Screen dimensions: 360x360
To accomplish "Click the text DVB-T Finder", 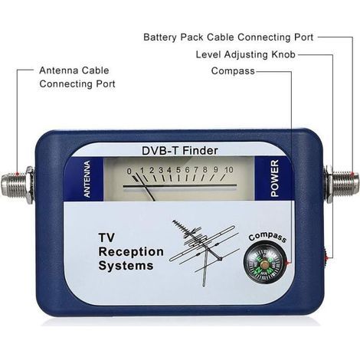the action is pos(180,150).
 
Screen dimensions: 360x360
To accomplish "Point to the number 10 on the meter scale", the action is pos(229,170).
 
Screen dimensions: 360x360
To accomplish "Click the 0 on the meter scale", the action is pos(129,172).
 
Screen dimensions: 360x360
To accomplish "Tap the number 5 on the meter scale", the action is pos(178,170).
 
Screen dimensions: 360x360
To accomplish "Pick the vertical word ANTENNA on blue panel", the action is pos(87,178).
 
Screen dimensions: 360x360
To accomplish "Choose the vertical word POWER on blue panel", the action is pos(274,178).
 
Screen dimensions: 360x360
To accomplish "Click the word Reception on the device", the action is pos(131,252).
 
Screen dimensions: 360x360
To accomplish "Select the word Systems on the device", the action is pos(126,266).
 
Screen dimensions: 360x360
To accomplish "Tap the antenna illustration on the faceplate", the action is pos(205,253).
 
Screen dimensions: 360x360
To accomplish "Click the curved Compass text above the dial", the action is pos(267,237).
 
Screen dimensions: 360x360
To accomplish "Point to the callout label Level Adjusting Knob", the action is pos(246,54).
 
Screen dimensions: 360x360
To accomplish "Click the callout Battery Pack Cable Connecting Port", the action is pos(228,38).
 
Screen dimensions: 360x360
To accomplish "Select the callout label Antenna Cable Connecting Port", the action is pos(77,77).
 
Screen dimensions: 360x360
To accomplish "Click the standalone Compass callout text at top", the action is pos(233,71).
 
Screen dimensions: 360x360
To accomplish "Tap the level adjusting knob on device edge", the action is pos(326,257).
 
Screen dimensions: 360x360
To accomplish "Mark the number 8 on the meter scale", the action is pos(205,169).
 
